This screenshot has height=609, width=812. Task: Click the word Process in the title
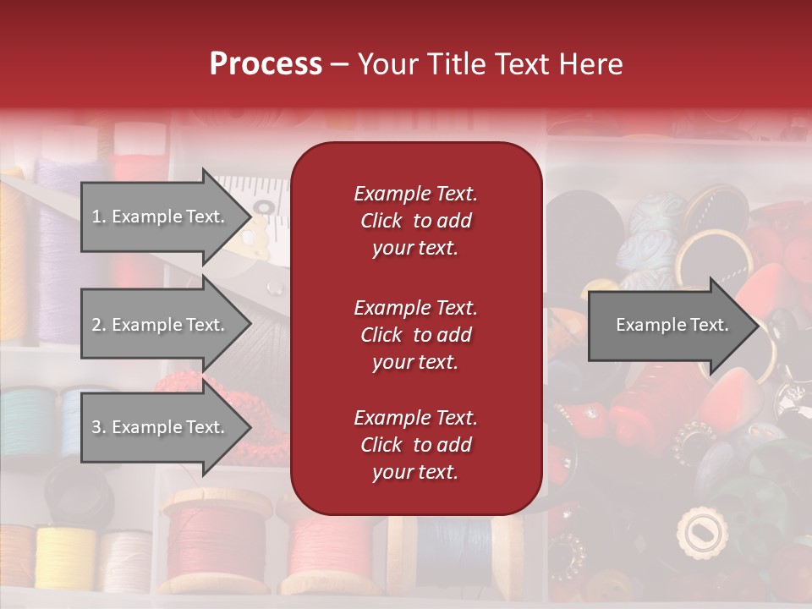click(266, 64)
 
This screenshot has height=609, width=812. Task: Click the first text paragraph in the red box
click(415, 221)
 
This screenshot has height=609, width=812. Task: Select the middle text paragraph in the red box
click(415, 335)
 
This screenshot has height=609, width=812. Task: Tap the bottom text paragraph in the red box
click(415, 445)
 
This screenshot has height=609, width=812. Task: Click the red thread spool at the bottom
click(218, 541)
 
